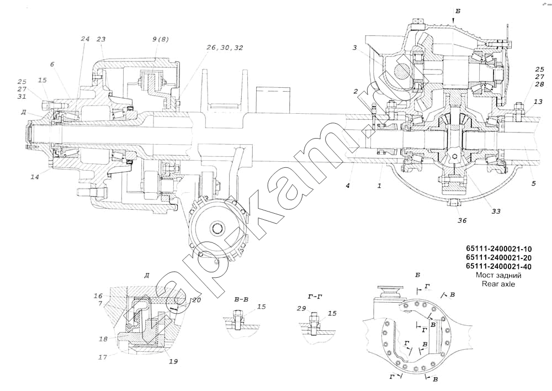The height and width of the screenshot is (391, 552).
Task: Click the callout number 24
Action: click(x=84, y=39)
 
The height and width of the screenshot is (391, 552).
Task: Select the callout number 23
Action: click(x=101, y=39)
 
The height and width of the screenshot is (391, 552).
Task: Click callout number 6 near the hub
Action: click(x=52, y=65)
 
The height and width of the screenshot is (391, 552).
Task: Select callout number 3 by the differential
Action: click(x=356, y=48)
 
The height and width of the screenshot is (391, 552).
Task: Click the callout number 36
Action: click(x=462, y=221)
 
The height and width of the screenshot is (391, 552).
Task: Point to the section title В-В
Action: click(x=241, y=300)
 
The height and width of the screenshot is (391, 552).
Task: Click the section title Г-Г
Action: click(x=316, y=297)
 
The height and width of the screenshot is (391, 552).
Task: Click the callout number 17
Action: click(x=103, y=357)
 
